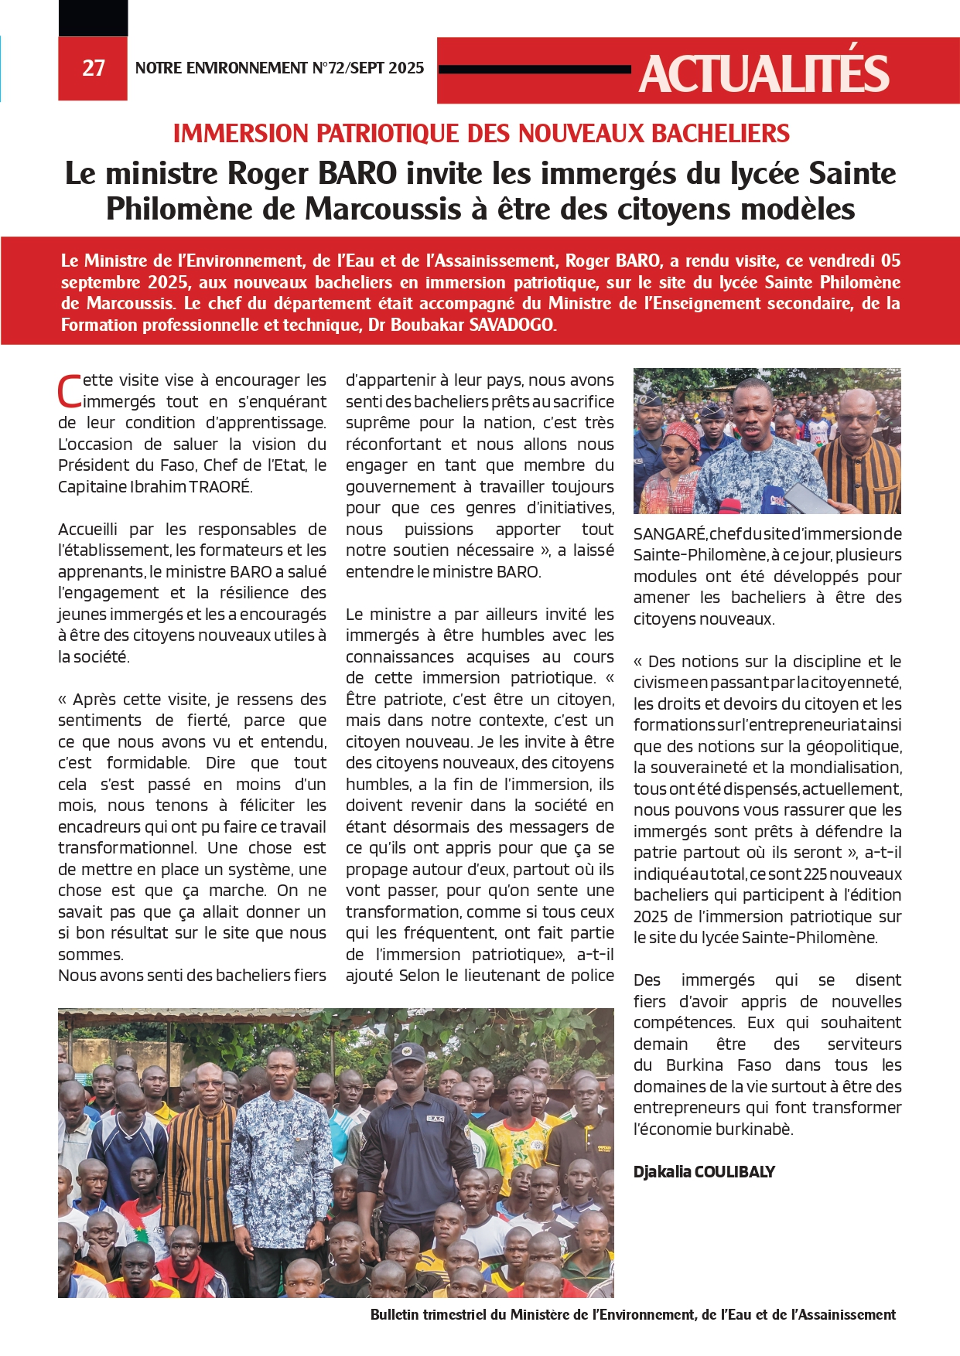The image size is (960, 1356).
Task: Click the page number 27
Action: coord(93,69)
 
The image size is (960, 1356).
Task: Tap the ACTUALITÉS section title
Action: coord(764,73)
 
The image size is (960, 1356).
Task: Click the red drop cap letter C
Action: coord(70,390)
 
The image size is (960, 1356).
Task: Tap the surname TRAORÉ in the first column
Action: coord(220,487)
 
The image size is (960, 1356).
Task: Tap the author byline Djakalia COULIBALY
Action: coord(704,1172)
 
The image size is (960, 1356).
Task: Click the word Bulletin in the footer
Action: coord(395,1315)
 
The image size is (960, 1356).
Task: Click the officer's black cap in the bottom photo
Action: coord(408,1053)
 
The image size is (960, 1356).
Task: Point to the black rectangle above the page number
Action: coord(93,17)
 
